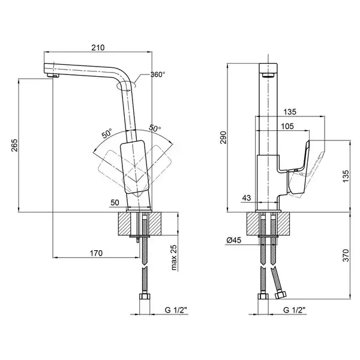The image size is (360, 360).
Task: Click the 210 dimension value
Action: pos(98,47)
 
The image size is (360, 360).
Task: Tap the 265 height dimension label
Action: pos(14,145)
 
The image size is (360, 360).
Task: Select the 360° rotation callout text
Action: pos(158,74)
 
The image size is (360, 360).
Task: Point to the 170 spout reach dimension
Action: pos(96,253)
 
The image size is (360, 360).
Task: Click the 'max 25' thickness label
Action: pos(174,257)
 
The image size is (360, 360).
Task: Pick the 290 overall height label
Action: pos(223,137)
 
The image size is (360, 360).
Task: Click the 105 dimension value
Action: pos(287,126)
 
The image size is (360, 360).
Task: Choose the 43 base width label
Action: pos(247,197)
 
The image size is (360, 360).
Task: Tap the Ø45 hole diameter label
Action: pos(234,240)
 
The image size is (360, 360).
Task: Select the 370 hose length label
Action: pos(346,255)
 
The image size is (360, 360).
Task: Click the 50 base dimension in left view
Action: pos(115,203)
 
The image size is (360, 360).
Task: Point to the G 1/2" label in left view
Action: pos(176,310)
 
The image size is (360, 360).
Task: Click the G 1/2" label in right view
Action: pos(295,310)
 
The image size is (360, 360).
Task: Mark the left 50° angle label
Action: pos(107,133)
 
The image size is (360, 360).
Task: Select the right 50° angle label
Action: pos(155,128)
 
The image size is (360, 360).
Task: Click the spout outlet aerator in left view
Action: pos(53,76)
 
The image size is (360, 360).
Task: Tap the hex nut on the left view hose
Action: pos(145,296)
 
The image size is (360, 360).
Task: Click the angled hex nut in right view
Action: pos(281,295)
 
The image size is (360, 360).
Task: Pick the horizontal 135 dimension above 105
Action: pos(290,112)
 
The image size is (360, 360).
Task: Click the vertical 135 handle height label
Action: pos(346,176)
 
